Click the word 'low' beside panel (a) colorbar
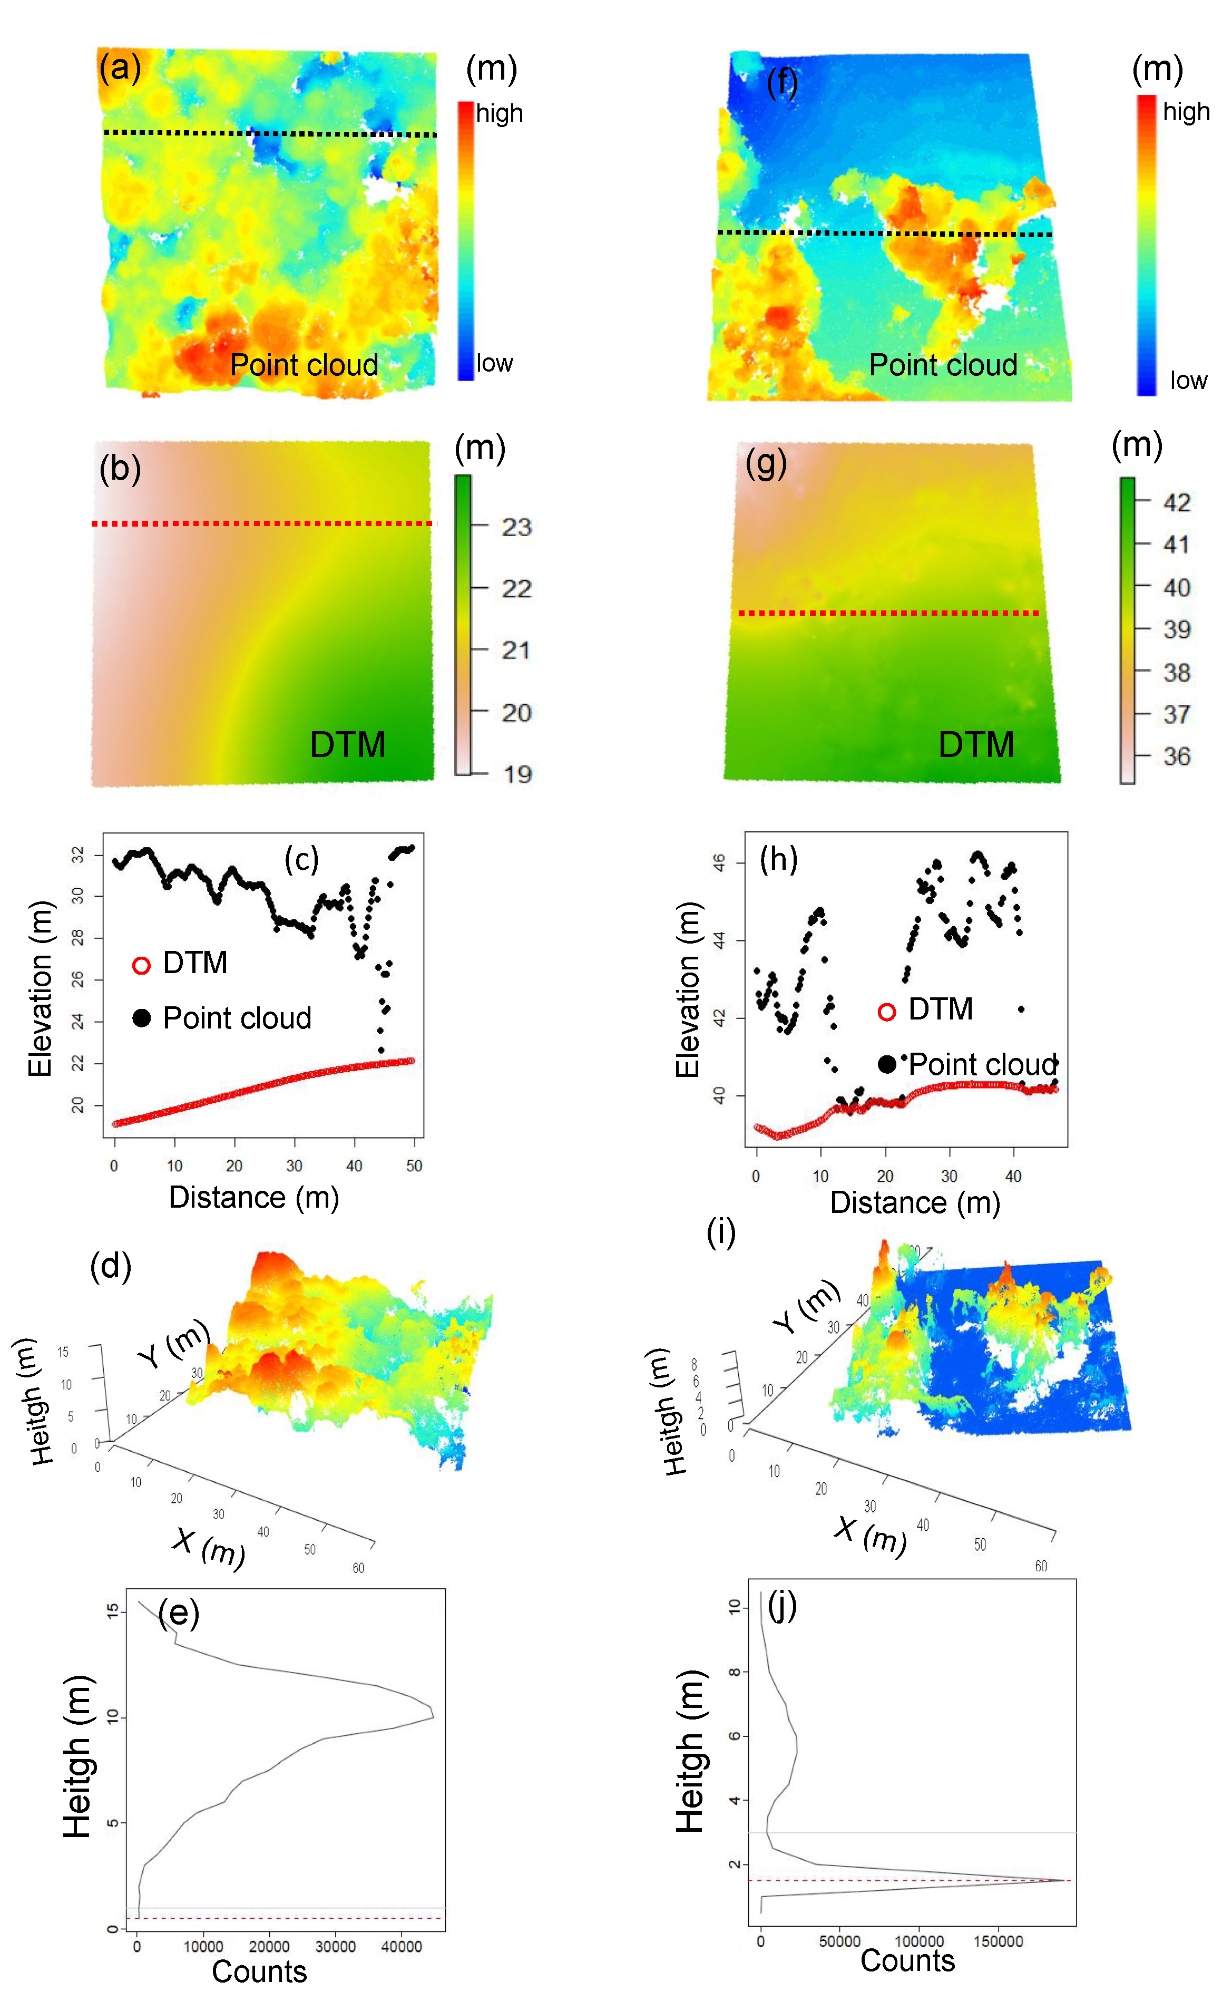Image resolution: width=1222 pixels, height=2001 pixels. coord(494,363)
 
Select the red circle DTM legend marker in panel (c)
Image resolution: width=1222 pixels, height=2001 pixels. coord(141,966)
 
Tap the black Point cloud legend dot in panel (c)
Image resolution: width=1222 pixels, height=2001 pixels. coord(141,1017)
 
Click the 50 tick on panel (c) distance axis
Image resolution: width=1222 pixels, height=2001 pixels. coord(414,1166)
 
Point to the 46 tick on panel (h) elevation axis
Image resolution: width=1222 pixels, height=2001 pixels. coord(719,862)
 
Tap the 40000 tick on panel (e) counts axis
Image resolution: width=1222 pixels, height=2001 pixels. coord(401,1947)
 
